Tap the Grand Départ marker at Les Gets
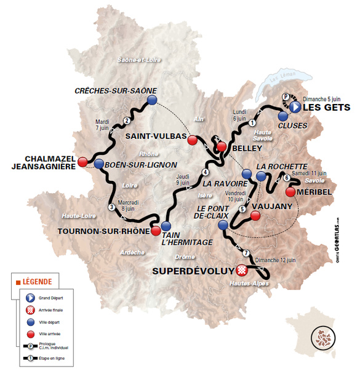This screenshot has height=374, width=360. tap(295, 107)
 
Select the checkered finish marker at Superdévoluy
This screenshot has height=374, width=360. tap(242, 269)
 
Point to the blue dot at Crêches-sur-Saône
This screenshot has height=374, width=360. tap(153, 100)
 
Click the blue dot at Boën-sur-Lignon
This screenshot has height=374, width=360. tap(98, 164)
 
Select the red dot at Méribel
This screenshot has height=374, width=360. tap(290, 192)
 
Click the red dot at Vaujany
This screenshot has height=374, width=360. tap(255, 216)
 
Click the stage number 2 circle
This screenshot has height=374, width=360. tap(127, 121)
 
